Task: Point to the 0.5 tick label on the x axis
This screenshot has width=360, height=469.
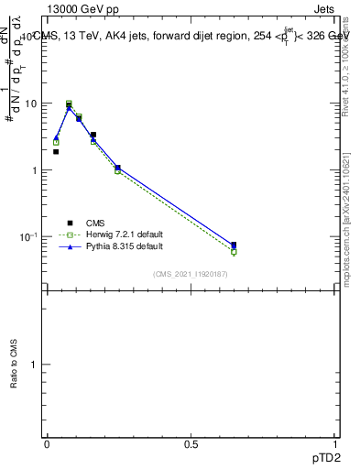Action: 191,444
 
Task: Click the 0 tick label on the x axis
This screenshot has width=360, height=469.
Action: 47,444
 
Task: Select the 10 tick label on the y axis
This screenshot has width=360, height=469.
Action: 31,104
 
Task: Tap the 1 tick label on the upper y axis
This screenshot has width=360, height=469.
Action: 35,170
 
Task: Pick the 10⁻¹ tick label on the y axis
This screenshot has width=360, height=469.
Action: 29,237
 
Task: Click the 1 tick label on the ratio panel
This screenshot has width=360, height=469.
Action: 35,365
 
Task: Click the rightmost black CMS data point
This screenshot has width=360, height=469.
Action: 234,245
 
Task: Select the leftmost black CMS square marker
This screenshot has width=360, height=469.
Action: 56,152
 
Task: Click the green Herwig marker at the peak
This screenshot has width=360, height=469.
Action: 69,104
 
